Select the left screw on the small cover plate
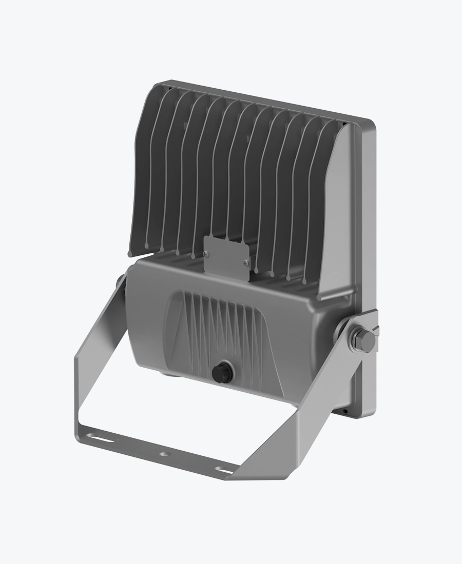(206, 253)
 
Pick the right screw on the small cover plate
(245, 264)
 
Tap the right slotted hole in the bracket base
(223, 469)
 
